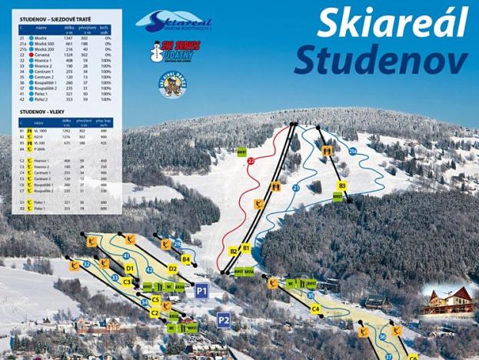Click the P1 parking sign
pos(201,291)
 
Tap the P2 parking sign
pos(223,320)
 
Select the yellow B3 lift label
pos(342,185)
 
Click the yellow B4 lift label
pos(185,259)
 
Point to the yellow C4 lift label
pos(315,308)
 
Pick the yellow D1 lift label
pos(130,268)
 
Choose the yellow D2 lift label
pos(172,268)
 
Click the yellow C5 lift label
pos(156,300)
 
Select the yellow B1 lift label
pos(246,248)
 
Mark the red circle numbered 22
pos(251,161)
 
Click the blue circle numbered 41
pos(126,255)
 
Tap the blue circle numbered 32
pos(87,264)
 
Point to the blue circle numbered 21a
pos(353,152)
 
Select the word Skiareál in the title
pos(391,23)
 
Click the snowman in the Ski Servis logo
pos(156,52)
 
